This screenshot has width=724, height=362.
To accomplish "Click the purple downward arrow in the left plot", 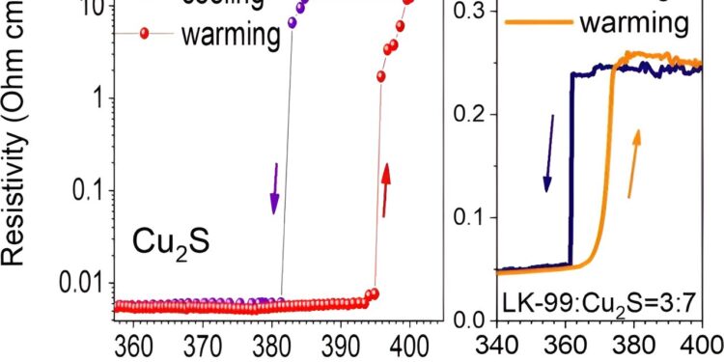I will click(x=274, y=189).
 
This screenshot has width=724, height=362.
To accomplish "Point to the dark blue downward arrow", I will click(x=549, y=153).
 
